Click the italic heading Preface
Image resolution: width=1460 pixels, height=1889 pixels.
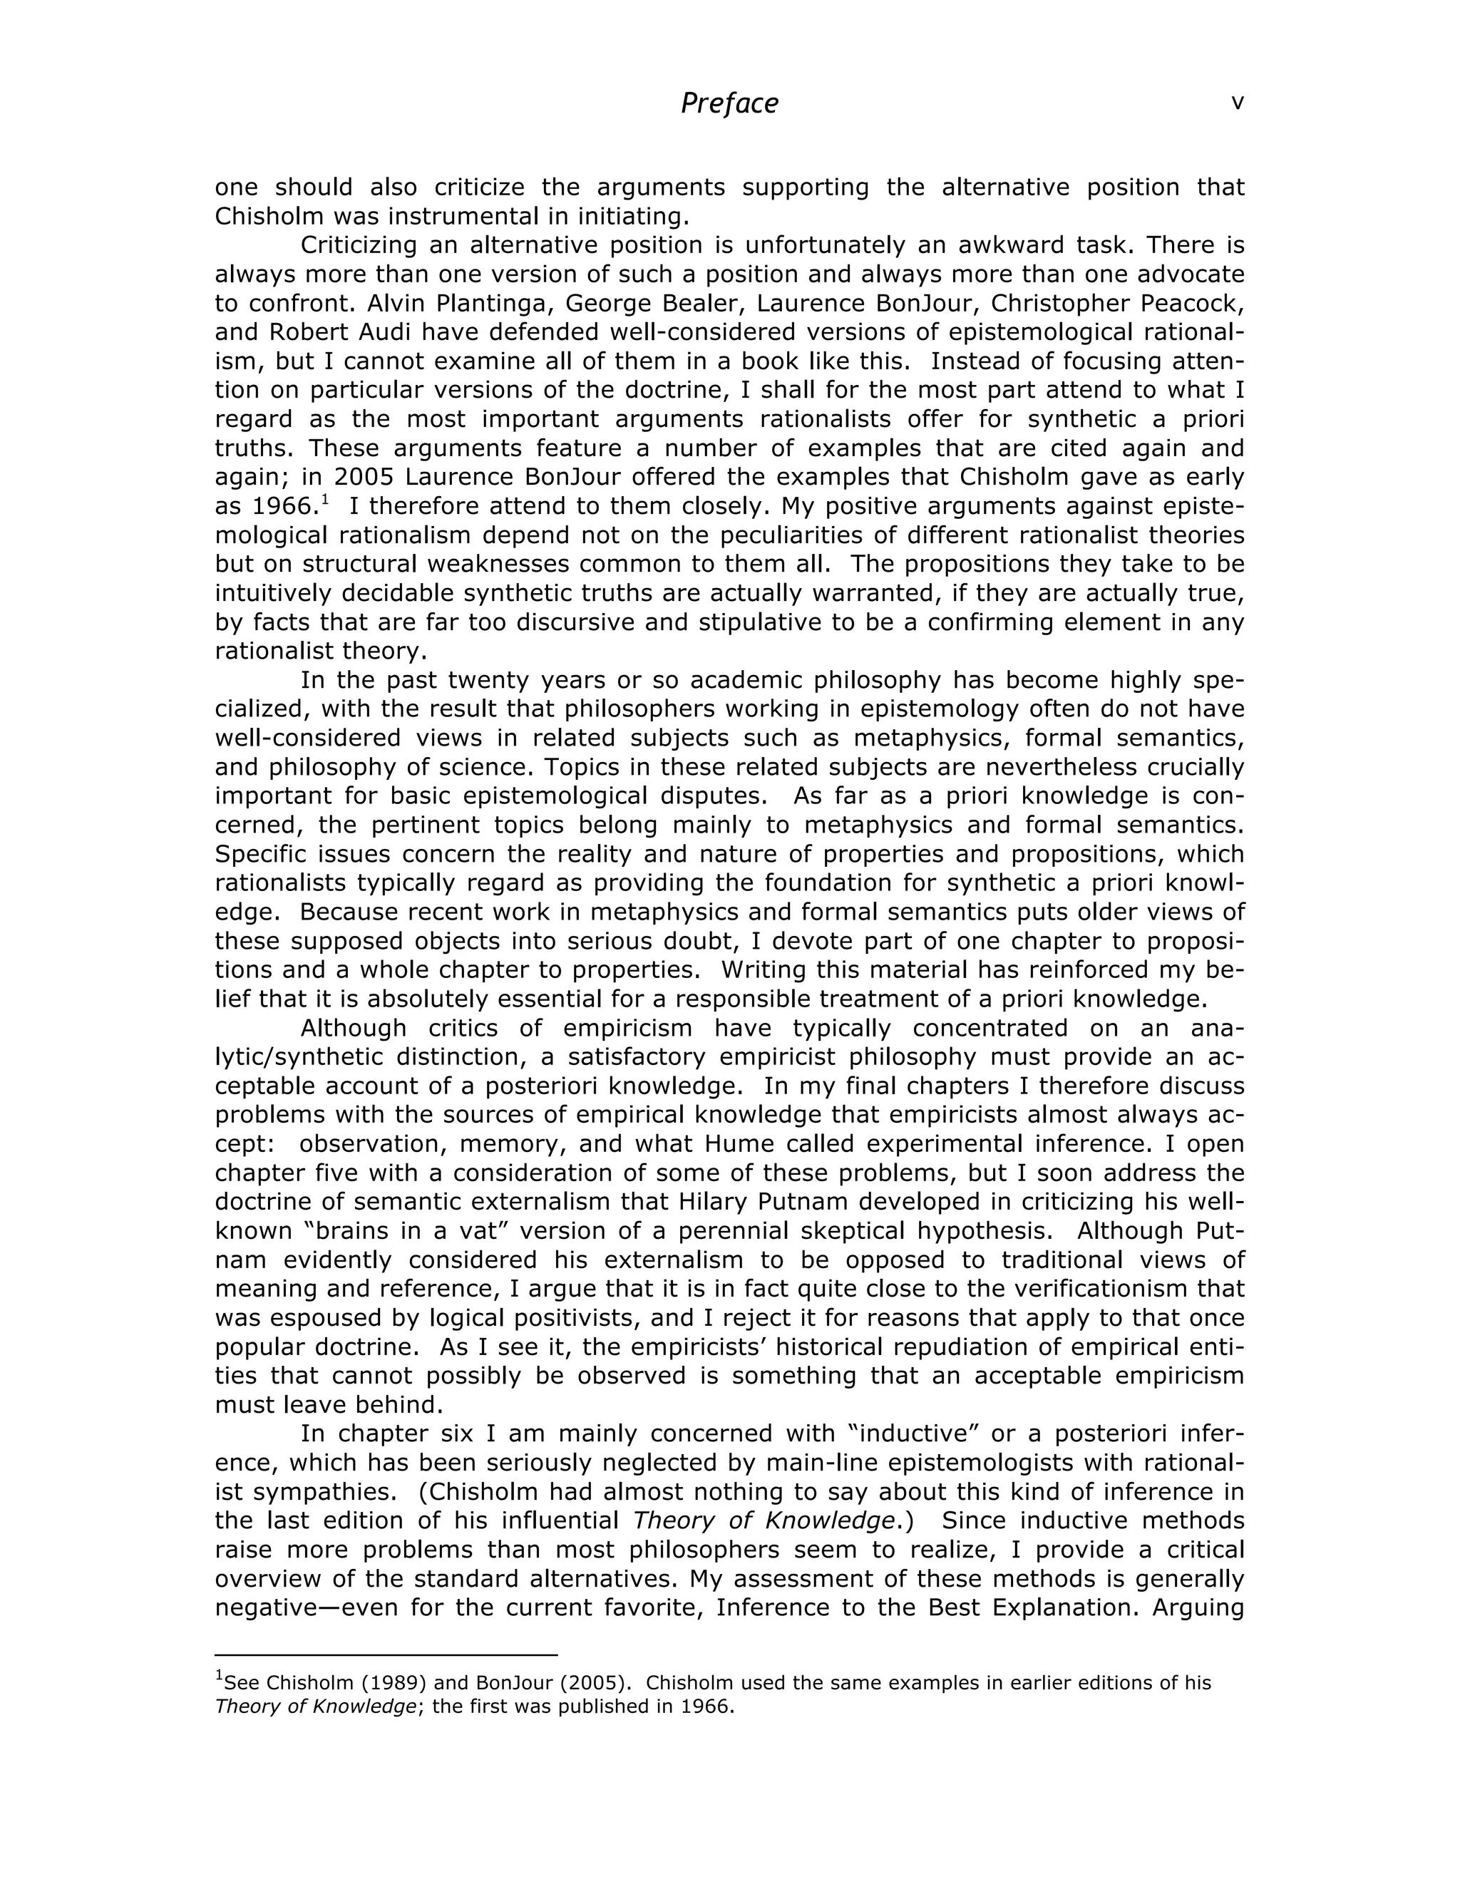729,104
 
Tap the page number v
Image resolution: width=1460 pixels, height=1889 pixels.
1237,102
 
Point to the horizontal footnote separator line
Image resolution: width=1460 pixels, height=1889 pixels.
386,1655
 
